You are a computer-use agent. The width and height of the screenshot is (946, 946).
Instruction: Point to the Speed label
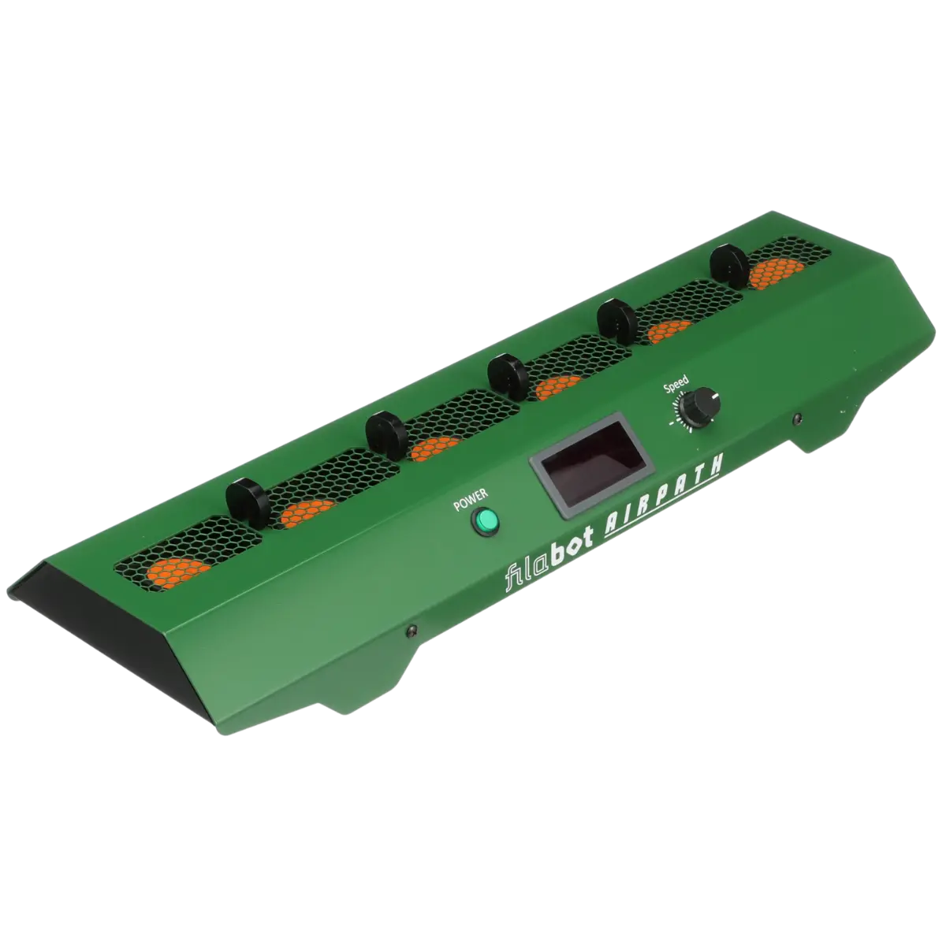[676, 384]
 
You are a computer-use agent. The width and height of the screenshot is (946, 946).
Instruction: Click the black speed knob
[699, 405]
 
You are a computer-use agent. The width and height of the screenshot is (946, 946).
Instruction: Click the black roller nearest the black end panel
[248, 502]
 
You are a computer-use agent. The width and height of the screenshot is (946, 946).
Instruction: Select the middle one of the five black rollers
[508, 376]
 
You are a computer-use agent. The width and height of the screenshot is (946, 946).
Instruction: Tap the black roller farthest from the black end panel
[731, 266]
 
